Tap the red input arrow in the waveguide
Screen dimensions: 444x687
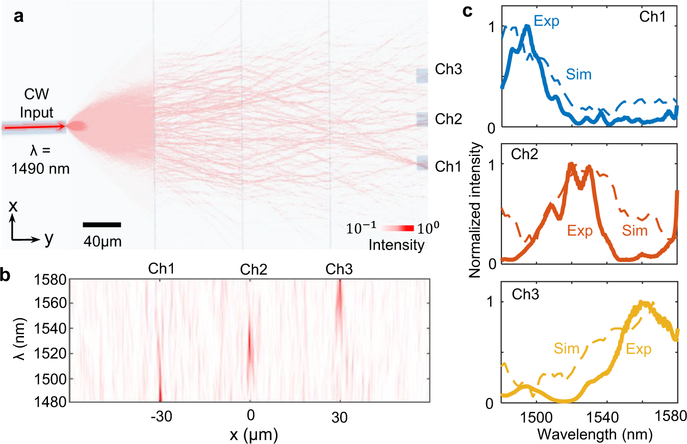(x=33, y=126)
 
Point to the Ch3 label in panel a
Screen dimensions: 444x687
(x=448, y=69)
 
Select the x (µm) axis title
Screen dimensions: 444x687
(x=250, y=435)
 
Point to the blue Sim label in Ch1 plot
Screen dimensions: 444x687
(x=579, y=75)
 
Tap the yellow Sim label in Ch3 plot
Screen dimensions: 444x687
(x=566, y=349)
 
